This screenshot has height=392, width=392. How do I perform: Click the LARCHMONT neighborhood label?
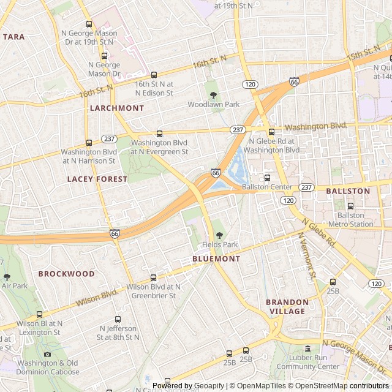point(117,108)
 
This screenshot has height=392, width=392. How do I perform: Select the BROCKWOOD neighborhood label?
point(67,274)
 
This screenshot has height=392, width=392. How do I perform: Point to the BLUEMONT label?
point(216,258)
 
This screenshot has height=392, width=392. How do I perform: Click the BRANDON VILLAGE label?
point(287,306)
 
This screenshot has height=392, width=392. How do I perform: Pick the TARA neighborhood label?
point(14,37)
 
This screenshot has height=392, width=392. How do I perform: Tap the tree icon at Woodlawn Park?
point(213,94)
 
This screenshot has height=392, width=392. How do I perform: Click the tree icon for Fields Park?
point(220,235)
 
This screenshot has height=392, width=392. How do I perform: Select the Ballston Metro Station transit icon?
point(350,206)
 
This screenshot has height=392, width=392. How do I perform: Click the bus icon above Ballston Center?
point(266,178)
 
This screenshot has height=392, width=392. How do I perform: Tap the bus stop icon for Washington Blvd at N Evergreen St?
point(159,133)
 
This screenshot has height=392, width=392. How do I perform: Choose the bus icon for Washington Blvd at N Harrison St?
point(89,143)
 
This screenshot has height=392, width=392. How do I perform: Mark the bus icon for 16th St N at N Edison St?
point(154,75)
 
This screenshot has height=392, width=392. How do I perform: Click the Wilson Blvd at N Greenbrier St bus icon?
point(153,277)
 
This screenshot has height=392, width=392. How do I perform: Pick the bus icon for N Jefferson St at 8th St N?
point(118,319)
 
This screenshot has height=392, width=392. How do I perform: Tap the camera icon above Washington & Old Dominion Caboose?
point(47,355)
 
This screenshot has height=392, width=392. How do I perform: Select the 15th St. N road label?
point(364,53)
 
